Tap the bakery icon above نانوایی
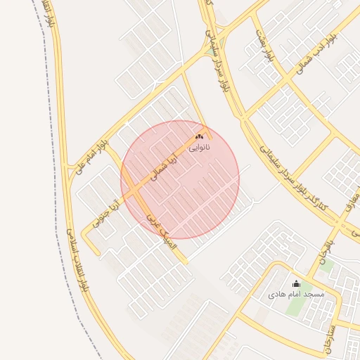point(200,136)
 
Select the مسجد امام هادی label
point(296,294)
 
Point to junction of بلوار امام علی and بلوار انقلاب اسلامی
point(68,169)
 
